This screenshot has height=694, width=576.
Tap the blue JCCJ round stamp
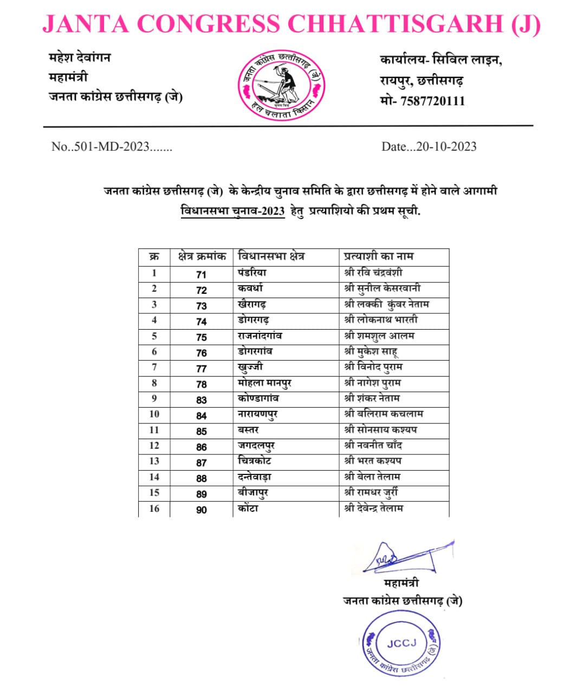pos(402,644)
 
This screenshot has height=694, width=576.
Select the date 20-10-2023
pos(446,146)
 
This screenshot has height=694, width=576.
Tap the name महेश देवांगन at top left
pos(80,57)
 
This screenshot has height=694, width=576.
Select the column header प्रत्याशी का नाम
pos(379,256)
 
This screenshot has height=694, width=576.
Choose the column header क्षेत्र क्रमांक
pos(201,256)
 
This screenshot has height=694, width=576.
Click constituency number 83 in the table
pos(201,400)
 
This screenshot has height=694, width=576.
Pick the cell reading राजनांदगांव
pos(260,336)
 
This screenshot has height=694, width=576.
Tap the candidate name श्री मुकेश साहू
pos(371,352)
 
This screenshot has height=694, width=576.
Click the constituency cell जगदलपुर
pos(256,446)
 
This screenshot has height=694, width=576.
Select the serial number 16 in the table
pos(154,509)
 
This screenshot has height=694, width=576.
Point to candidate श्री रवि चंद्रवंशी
pos(373,272)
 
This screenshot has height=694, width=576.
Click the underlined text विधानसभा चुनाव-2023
pos(232,211)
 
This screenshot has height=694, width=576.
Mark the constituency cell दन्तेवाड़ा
pos(254,477)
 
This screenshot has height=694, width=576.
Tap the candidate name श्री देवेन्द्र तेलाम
pos(374,509)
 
